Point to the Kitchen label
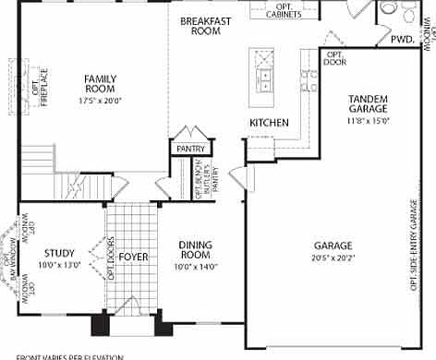(x=269, y=123)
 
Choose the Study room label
(x=58, y=252)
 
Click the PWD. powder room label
(x=402, y=40)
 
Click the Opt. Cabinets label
(x=297, y=10)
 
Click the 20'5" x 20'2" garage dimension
(x=333, y=258)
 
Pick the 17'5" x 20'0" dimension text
(x=100, y=100)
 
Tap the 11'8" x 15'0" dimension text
(x=369, y=120)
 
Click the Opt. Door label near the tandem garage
(x=334, y=57)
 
